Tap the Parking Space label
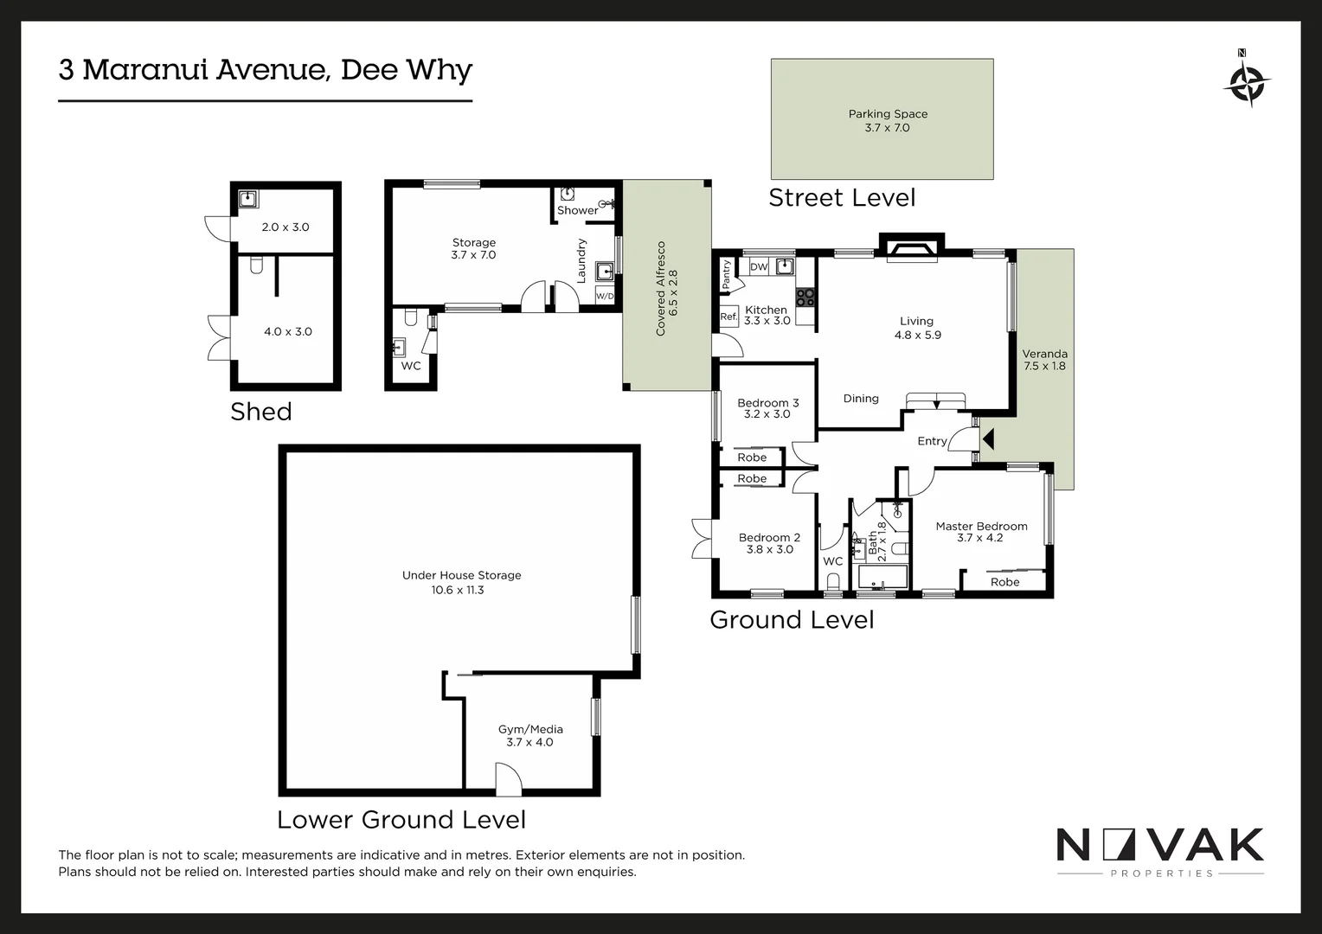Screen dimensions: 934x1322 [x=887, y=114]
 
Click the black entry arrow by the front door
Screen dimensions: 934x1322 [x=988, y=439]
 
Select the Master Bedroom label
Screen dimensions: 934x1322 [x=981, y=526]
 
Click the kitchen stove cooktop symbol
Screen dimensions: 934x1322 [x=805, y=297]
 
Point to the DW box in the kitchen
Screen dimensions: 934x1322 [x=759, y=266]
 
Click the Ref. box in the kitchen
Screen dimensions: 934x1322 [x=728, y=317]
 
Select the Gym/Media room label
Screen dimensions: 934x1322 [x=530, y=729]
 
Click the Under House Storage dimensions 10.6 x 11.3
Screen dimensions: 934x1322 [x=458, y=590]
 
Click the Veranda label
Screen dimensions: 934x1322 [x=1044, y=354]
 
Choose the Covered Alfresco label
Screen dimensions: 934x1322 [x=661, y=289]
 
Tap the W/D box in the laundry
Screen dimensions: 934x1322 [x=605, y=297]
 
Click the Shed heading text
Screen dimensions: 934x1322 [x=260, y=412]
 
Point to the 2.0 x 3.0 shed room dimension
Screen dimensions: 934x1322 [x=286, y=227]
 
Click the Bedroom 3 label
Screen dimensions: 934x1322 [x=767, y=403]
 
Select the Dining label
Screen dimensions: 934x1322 [x=861, y=399]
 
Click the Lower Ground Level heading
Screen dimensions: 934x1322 [x=401, y=820]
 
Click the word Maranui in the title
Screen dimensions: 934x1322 [x=145, y=70]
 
